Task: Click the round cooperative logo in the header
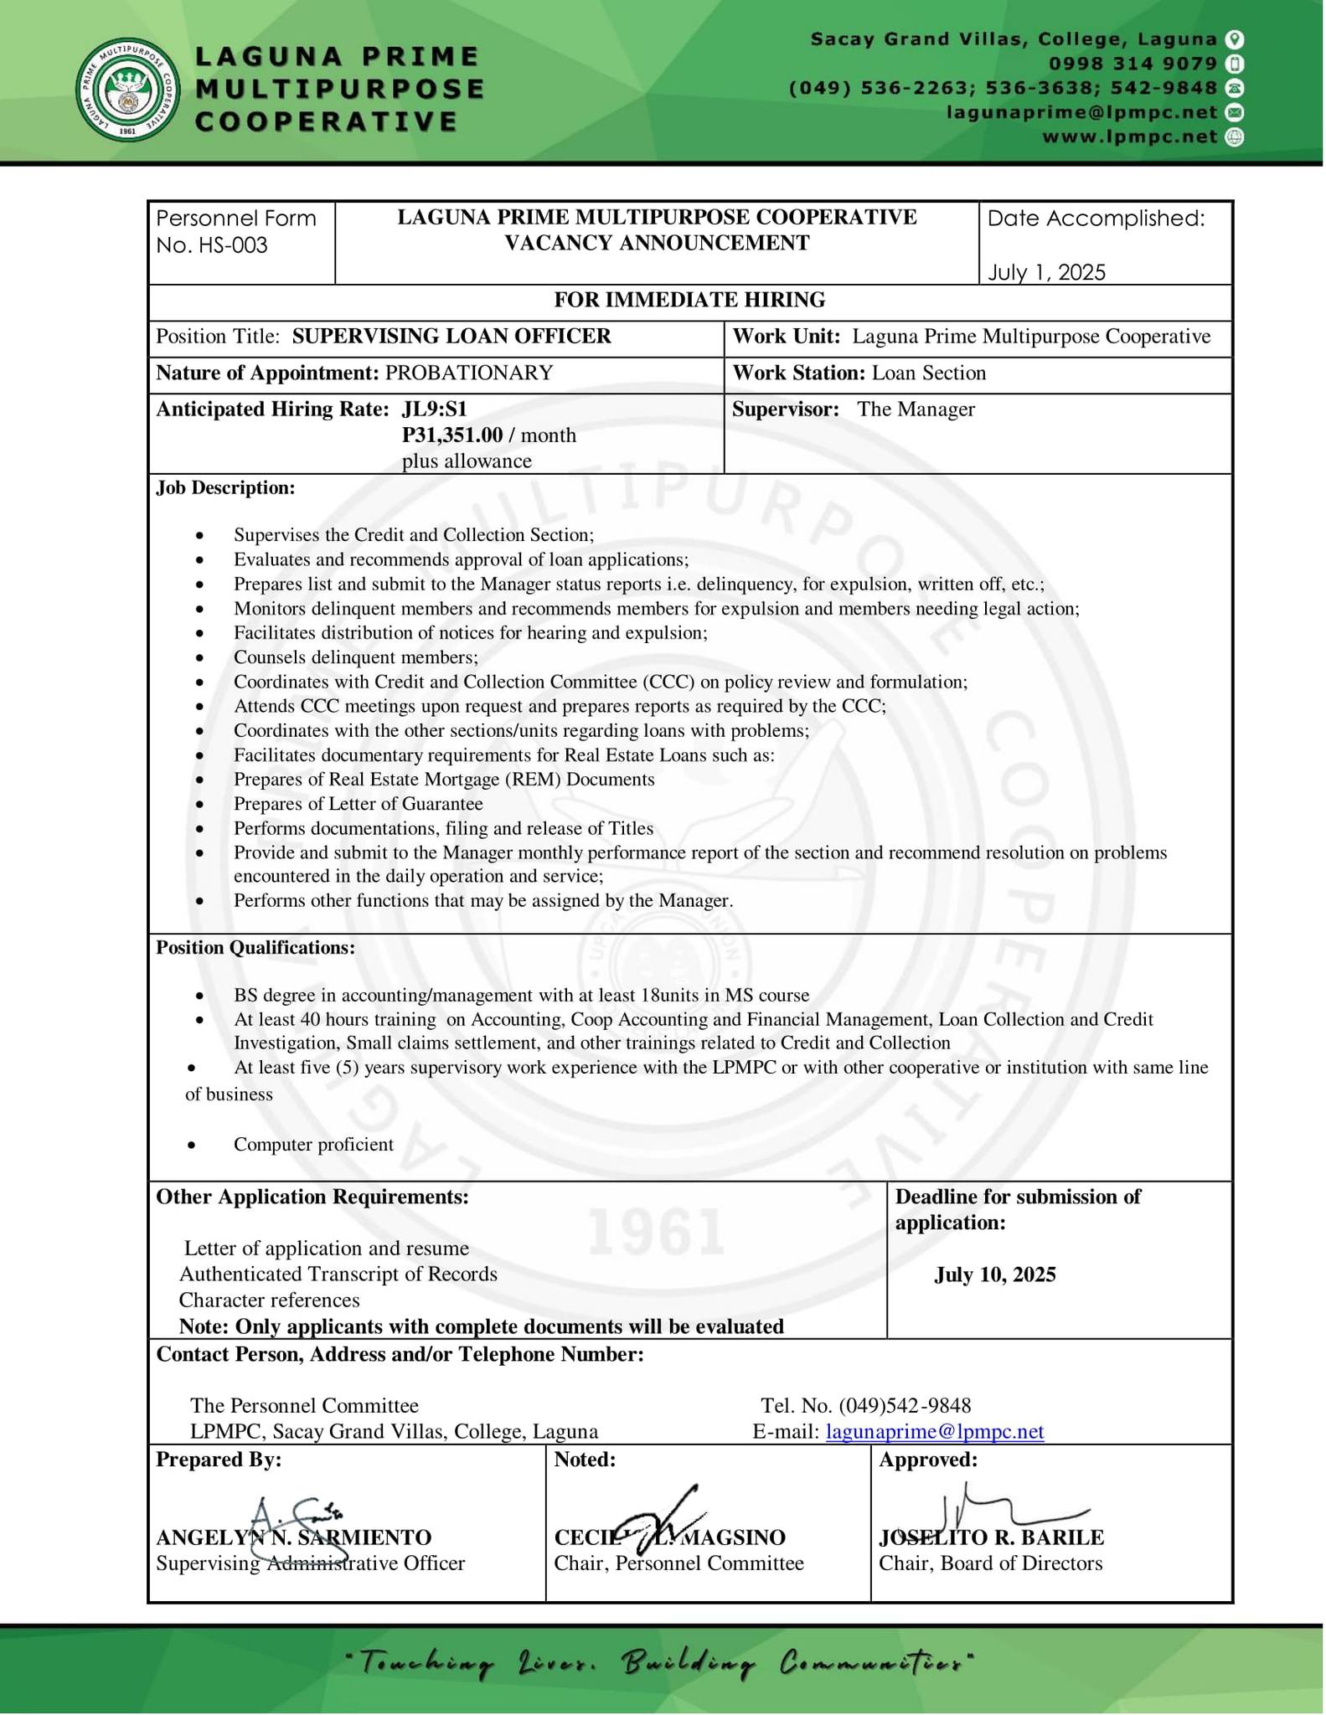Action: pos(127,90)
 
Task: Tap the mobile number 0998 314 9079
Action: pos(1133,64)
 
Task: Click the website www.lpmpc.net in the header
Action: pos(1129,136)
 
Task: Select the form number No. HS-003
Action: pos(211,245)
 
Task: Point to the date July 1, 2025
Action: pos(1046,272)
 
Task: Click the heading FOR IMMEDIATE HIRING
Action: pos(689,300)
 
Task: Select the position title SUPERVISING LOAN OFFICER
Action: pos(451,337)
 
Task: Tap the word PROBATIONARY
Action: pos(469,373)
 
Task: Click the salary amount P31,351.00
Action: pos(452,435)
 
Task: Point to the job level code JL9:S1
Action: pos(434,409)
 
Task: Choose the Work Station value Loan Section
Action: pos(928,373)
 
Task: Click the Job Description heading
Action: pos(225,487)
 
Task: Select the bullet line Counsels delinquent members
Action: pos(356,657)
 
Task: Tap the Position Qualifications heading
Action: pos(255,947)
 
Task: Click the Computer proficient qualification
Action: pos(313,1144)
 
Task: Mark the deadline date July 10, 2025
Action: pos(995,1275)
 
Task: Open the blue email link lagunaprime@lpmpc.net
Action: pos(935,1431)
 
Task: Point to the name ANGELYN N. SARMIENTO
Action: pos(293,1537)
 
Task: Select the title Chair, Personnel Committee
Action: pos(678,1563)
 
